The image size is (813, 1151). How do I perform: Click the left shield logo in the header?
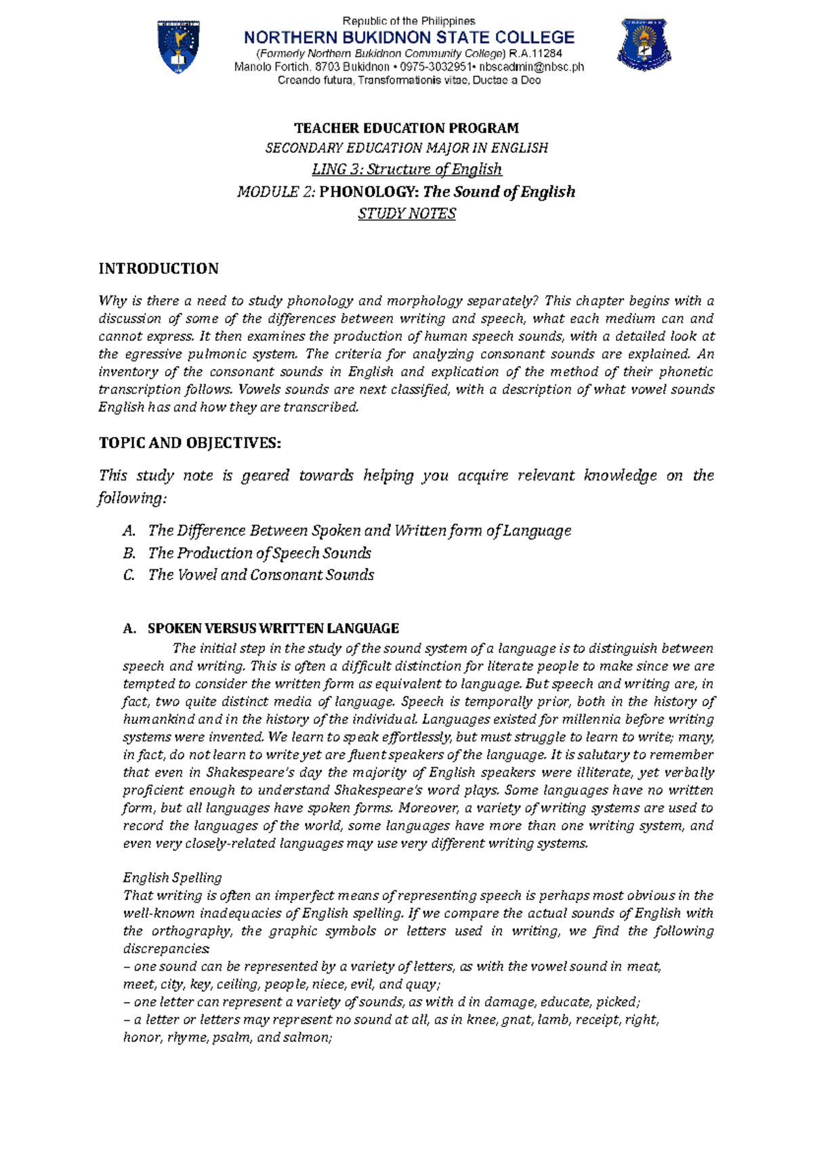coord(178,47)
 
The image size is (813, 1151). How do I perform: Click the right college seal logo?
coord(644,45)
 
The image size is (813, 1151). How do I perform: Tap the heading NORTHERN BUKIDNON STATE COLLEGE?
coord(409,37)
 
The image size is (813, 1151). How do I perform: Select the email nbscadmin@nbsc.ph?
coord(531,67)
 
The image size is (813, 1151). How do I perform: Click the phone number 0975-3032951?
coord(438,67)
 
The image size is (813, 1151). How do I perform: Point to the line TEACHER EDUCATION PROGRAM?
coord(406,128)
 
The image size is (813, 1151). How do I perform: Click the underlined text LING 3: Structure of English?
coord(406,169)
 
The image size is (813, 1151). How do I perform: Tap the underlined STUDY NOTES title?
coord(406,214)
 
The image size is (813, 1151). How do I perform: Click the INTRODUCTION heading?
coord(159,268)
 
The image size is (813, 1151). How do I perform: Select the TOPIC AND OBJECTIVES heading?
coord(190,443)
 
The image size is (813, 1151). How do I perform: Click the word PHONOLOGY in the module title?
coord(369,192)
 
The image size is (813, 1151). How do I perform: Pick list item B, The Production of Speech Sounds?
coord(259,553)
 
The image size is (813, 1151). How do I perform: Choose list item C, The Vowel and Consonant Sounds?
coord(261,575)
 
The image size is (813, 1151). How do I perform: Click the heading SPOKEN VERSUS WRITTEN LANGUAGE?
coord(273,628)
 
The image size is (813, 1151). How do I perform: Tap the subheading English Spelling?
coord(172,878)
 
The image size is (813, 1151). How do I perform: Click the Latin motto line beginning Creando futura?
coord(409,81)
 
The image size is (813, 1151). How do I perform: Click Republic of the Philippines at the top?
coord(409,21)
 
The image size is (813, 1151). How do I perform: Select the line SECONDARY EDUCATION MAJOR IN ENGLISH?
coord(406,148)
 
